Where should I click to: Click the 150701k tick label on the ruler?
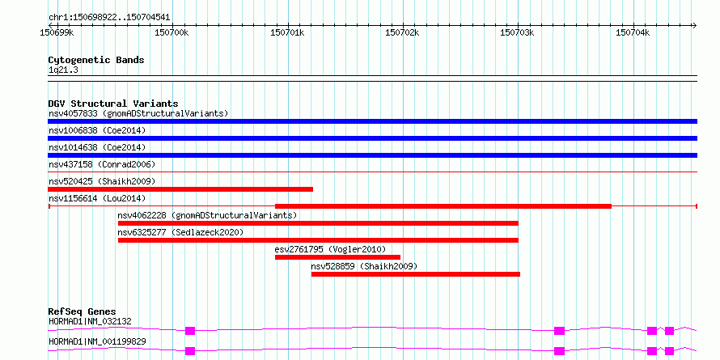click(x=288, y=33)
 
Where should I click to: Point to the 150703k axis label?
click(x=518, y=33)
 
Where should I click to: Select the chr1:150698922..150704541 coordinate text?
click(x=109, y=18)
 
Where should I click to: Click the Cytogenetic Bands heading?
click(x=96, y=60)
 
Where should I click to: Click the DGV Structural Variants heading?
click(x=113, y=104)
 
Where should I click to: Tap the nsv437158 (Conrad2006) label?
click(x=102, y=164)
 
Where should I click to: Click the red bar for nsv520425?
click(x=180, y=189)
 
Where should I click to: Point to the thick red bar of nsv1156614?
click(x=443, y=206)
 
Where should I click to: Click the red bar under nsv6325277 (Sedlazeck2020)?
click(x=318, y=240)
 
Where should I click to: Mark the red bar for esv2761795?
click(x=337, y=257)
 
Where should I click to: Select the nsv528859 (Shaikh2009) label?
click(x=364, y=266)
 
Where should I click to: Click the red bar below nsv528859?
click(x=416, y=274)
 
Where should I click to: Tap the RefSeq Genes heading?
click(x=83, y=311)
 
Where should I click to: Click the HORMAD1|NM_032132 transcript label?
click(x=90, y=321)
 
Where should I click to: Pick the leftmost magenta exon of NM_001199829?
click(x=190, y=351)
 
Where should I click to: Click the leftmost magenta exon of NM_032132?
click(x=190, y=331)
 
